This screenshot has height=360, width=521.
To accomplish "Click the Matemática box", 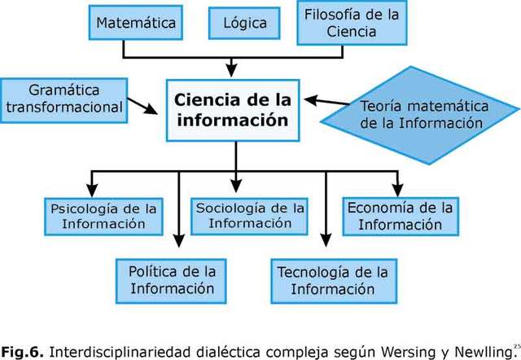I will pos(136,23).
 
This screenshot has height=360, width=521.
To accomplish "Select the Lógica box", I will pos(244,23).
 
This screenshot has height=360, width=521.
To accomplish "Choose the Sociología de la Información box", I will pos(250,214).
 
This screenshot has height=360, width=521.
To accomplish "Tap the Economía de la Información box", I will pos(400,216).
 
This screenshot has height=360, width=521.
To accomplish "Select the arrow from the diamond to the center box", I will pos(332,102).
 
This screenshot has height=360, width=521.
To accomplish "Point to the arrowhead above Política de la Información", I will pos(178,242).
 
